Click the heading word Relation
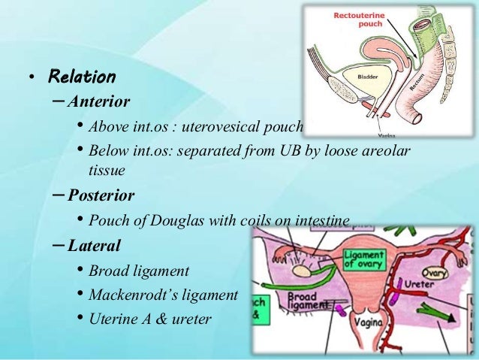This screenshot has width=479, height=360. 82,77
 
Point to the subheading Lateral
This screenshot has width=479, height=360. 93,245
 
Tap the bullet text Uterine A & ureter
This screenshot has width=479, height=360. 150,319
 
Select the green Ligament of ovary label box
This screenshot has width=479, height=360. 364,260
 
